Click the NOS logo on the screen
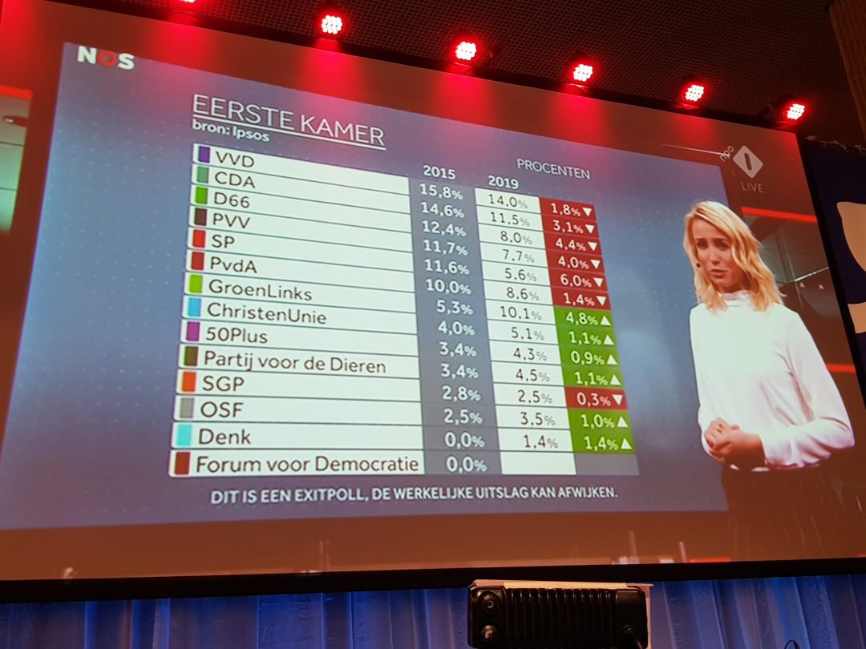click(x=106, y=58)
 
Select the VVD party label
click(x=235, y=159)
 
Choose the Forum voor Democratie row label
click(x=308, y=464)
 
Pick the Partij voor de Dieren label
click(x=294, y=361)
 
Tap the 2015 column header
click(x=438, y=173)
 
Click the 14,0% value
click(x=508, y=204)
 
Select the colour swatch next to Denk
click(x=184, y=436)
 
